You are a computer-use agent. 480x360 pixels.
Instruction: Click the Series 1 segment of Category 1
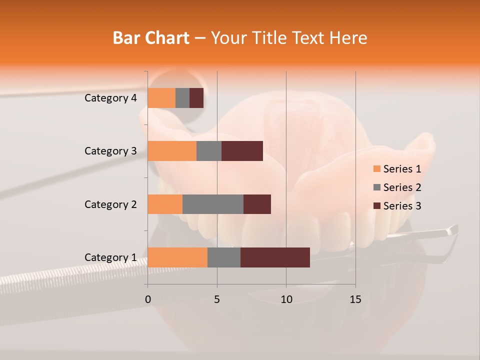point(177,257)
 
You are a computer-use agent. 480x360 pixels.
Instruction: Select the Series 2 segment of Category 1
point(224,257)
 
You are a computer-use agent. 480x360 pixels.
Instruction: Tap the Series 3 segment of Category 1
point(275,257)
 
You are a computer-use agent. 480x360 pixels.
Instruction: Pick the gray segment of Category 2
point(213,204)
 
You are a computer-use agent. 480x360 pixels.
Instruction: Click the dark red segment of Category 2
point(257,204)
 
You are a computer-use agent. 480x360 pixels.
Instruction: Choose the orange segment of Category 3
point(172,151)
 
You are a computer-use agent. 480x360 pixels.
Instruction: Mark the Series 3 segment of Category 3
point(242,151)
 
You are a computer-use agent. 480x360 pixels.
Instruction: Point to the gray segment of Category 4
point(182,98)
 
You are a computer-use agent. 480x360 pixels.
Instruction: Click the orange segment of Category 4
point(161,98)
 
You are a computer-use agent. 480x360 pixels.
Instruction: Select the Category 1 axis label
point(110,257)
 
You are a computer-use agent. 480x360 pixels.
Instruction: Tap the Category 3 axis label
point(110,151)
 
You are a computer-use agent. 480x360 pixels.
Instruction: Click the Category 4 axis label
point(110,98)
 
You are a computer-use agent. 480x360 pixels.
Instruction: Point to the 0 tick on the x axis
point(148,299)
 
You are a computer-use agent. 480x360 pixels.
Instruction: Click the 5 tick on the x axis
point(217,299)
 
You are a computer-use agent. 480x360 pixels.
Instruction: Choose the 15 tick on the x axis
point(355,299)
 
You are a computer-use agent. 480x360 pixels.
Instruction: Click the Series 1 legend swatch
point(376,169)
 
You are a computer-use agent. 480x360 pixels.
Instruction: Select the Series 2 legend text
point(402,187)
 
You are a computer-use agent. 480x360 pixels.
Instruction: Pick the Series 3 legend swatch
point(376,206)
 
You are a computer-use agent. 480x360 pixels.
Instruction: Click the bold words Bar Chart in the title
point(151,38)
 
